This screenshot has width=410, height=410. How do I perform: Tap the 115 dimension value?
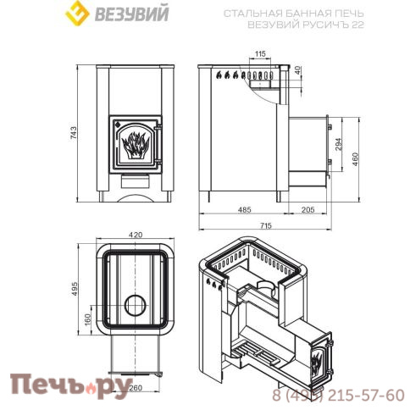(259, 54)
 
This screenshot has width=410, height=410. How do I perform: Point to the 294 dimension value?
(339, 144)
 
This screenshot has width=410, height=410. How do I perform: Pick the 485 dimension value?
(245, 208)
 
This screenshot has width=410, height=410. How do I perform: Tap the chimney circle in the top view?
(135, 306)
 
